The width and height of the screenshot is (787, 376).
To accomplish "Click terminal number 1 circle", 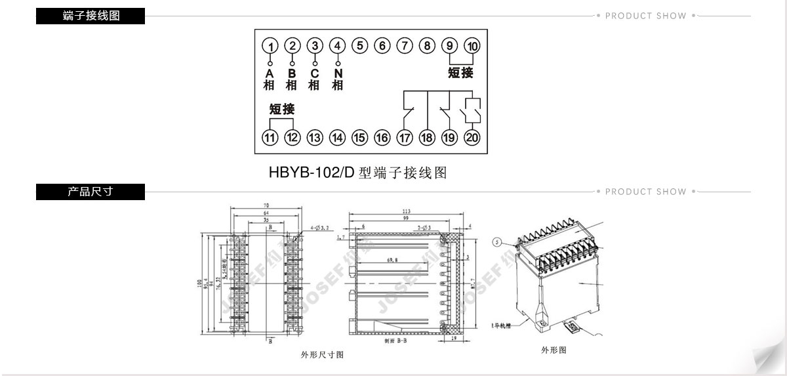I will tap(270, 46).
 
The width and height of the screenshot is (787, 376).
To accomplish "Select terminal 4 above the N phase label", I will tap(338, 46).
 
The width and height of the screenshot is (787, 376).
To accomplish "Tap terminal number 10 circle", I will tap(472, 46).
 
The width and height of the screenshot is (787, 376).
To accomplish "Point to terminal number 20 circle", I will tap(472, 138).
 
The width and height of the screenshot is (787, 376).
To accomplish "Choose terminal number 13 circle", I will tap(315, 138).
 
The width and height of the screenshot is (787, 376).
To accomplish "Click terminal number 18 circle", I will tap(427, 138).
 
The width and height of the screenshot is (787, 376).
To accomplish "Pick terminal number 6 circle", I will tap(382, 46).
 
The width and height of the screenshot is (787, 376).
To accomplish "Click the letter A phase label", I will tap(269, 73).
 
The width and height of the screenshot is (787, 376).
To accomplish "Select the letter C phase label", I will tap(315, 73).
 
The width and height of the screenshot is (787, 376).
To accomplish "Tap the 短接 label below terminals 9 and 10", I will tap(460, 73).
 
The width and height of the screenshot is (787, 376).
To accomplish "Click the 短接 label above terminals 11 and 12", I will tap(282, 109).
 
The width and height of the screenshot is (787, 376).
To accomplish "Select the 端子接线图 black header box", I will tap(91, 16).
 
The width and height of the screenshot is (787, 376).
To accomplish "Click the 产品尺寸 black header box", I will tap(91, 192).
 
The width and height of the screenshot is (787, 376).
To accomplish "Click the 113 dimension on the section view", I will tap(407, 211).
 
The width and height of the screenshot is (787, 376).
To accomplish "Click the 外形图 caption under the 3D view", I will tap(554, 350).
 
